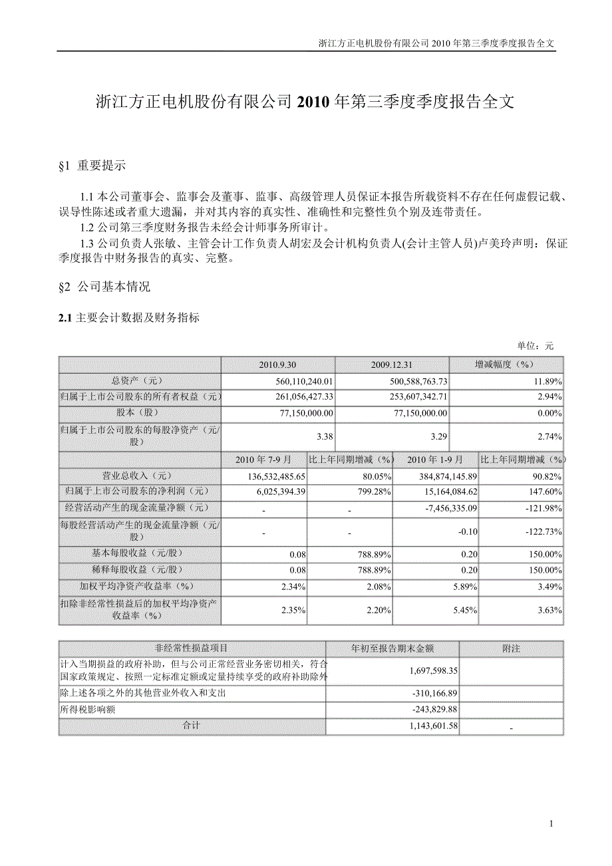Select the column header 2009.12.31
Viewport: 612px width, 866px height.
392,365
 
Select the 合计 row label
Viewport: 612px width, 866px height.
192,726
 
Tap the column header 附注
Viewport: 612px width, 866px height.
511,648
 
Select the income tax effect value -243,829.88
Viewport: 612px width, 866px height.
430,709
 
